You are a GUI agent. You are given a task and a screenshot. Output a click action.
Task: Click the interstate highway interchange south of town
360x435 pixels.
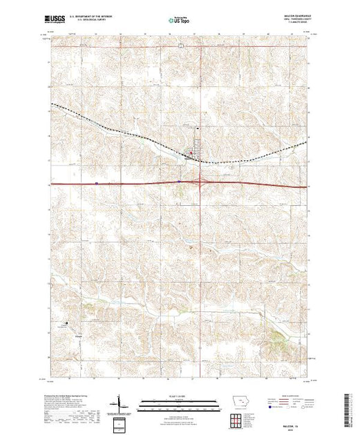(201, 183)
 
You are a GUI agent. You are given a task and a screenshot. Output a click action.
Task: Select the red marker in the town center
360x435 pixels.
(191, 153)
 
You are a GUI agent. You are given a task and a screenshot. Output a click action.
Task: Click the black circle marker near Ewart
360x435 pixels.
(67, 322)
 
